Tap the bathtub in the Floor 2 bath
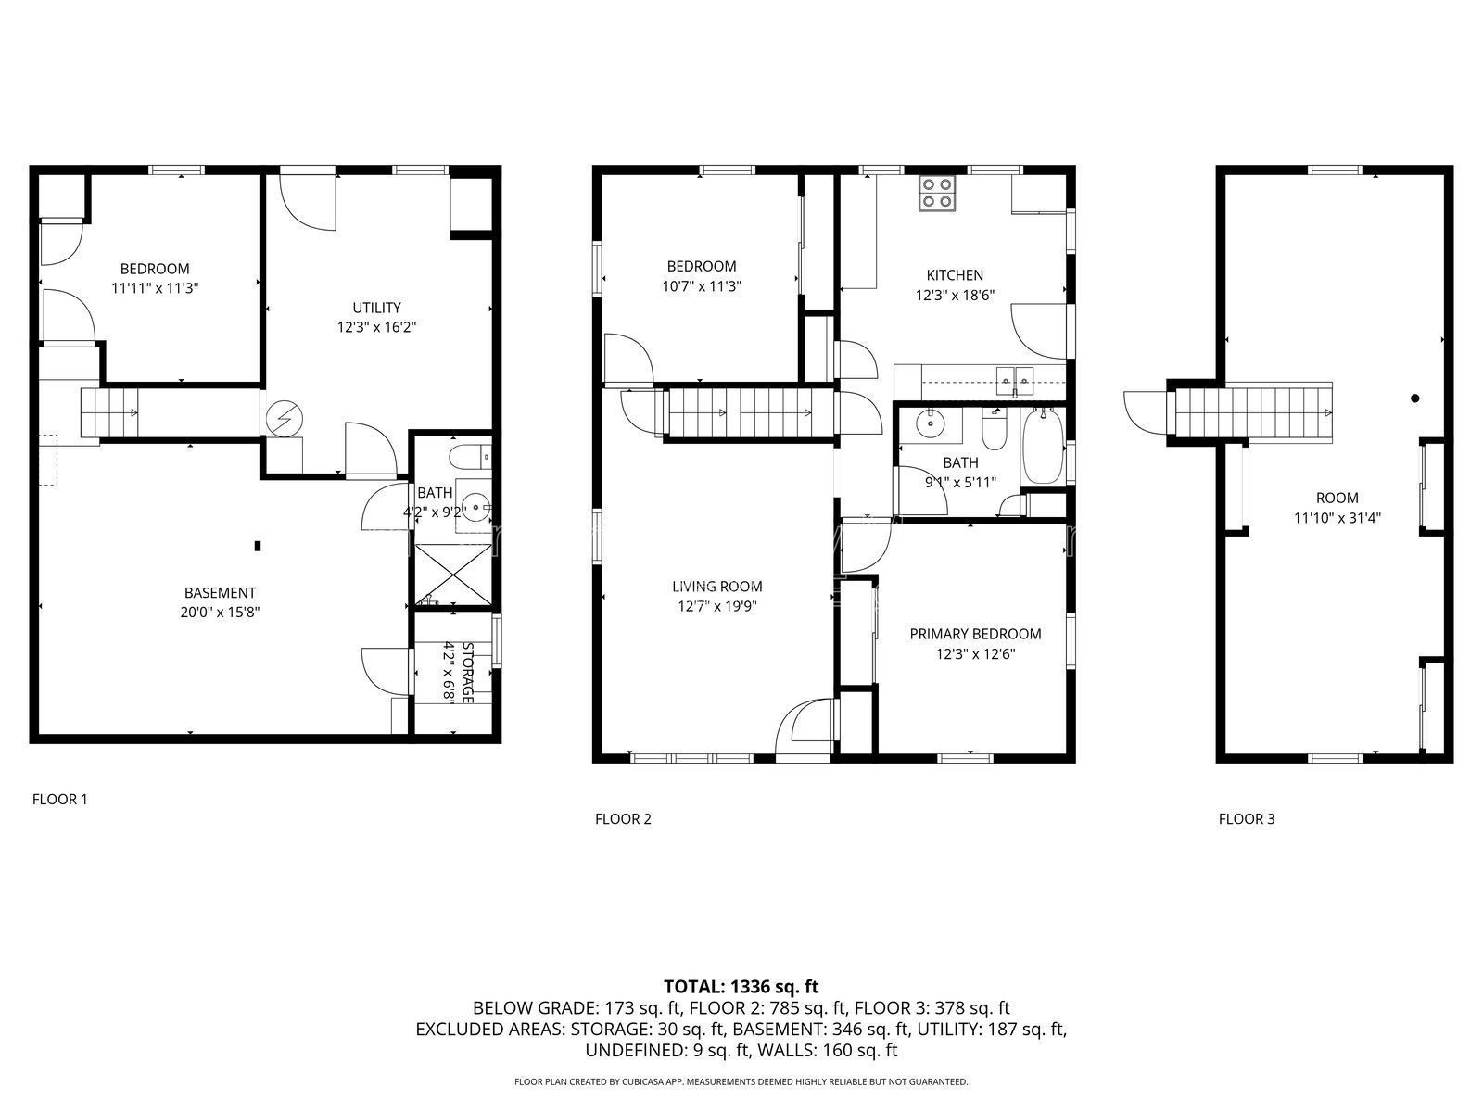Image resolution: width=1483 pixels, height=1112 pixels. (1043, 446)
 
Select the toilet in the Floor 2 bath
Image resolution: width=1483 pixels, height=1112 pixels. (994, 430)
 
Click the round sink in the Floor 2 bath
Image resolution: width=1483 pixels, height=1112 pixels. (932, 423)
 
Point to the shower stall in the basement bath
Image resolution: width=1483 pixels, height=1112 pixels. (452, 575)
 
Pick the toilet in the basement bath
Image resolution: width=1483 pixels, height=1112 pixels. (470, 457)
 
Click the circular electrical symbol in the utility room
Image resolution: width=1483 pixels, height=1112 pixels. (285, 419)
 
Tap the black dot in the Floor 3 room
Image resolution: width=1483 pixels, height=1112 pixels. (1414, 398)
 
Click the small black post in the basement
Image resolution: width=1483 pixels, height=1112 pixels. (258, 546)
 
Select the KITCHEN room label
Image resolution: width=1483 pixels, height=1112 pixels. (955, 275)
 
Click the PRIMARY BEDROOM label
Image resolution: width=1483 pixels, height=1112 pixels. (975, 634)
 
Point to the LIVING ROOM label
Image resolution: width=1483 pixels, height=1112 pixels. (716, 587)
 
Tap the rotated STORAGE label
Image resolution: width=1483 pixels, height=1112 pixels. (467, 673)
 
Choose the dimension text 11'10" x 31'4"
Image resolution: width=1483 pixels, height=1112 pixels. (1337, 518)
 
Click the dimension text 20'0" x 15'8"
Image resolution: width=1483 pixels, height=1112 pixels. (220, 613)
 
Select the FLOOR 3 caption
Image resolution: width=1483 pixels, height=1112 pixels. (1247, 819)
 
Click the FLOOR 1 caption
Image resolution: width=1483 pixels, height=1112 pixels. (59, 800)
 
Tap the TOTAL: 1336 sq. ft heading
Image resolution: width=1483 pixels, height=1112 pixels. (741, 986)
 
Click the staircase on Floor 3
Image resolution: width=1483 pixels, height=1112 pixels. (1254, 411)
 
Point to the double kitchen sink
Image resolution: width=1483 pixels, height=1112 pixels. (1015, 380)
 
